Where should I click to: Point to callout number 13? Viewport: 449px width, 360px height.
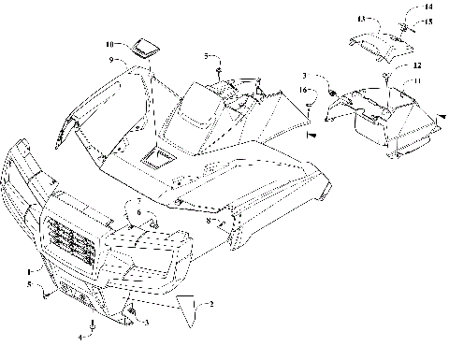(360, 19)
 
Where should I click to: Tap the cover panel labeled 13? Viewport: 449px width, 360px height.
(376, 42)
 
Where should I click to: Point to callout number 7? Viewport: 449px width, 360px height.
(138, 202)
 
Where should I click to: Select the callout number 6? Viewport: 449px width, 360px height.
(138, 213)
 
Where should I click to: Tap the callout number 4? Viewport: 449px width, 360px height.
(80, 335)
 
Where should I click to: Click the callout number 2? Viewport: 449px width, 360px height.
(210, 304)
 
